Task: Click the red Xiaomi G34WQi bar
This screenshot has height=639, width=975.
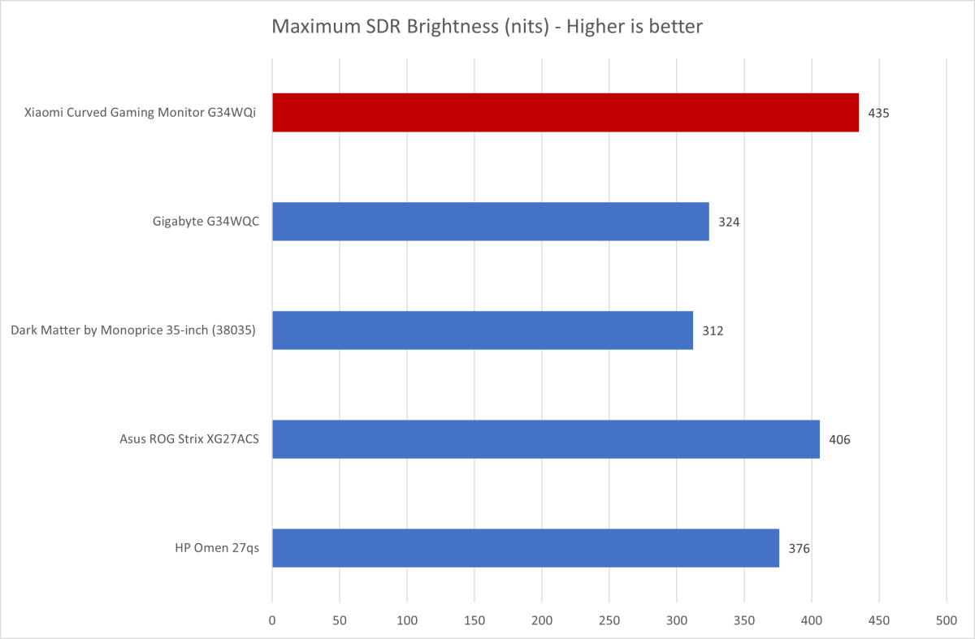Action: [x=565, y=113]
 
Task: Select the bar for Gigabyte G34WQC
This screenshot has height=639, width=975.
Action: [x=490, y=222]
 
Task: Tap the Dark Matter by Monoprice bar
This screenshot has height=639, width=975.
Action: [x=482, y=330]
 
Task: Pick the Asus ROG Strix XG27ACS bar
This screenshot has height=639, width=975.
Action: [x=545, y=439]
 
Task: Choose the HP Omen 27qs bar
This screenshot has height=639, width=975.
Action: [x=525, y=548]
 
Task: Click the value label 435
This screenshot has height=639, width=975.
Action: [x=878, y=113]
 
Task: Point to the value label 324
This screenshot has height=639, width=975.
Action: [x=729, y=222]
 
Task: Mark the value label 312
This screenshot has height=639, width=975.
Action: [x=713, y=330]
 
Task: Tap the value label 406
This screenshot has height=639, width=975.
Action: [x=839, y=439]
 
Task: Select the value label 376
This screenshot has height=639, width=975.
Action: [x=799, y=548]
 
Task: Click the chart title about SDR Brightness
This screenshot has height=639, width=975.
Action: [x=487, y=27]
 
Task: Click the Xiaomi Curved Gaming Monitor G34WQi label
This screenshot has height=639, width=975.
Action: [x=140, y=113]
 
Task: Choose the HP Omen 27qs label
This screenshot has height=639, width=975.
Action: [x=217, y=548]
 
